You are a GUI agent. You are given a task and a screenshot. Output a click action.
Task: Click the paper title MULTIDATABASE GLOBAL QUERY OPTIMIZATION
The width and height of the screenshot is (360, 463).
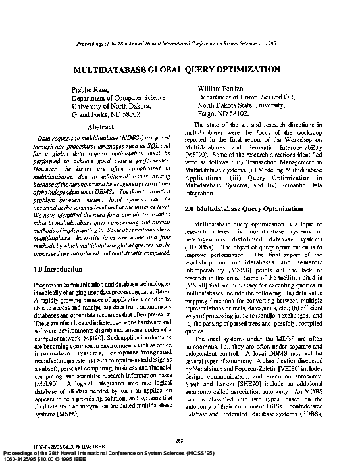[177, 69]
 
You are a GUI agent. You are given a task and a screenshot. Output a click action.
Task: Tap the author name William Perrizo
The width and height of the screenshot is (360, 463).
[222, 87]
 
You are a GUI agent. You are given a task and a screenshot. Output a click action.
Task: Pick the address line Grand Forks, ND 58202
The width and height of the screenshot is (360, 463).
[105, 114]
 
